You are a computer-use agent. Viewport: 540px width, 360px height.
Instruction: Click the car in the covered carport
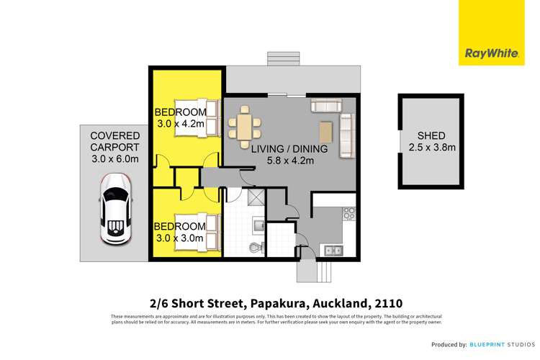pyautogui.click(x=115, y=211)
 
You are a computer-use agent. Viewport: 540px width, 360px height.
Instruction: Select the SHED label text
pyautogui.click(x=431, y=136)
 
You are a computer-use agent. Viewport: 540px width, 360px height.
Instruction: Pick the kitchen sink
pyautogui.click(x=333, y=250)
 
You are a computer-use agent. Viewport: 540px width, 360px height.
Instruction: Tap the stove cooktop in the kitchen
pyautogui.click(x=348, y=214)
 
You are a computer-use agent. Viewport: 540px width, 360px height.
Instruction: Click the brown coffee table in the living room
pyautogui.click(x=327, y=132)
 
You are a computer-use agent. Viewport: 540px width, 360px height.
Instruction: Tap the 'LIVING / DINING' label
pyautogui.click(x=289, y=149)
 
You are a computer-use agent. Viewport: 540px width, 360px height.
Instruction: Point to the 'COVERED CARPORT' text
pyautogui.click(x=115, y=143)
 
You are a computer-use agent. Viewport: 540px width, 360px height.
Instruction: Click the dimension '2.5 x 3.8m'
pyautogui.click(x=431, y=148)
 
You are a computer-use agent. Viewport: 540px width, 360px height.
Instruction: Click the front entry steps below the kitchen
pyautogui.click(x=316, y=271)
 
